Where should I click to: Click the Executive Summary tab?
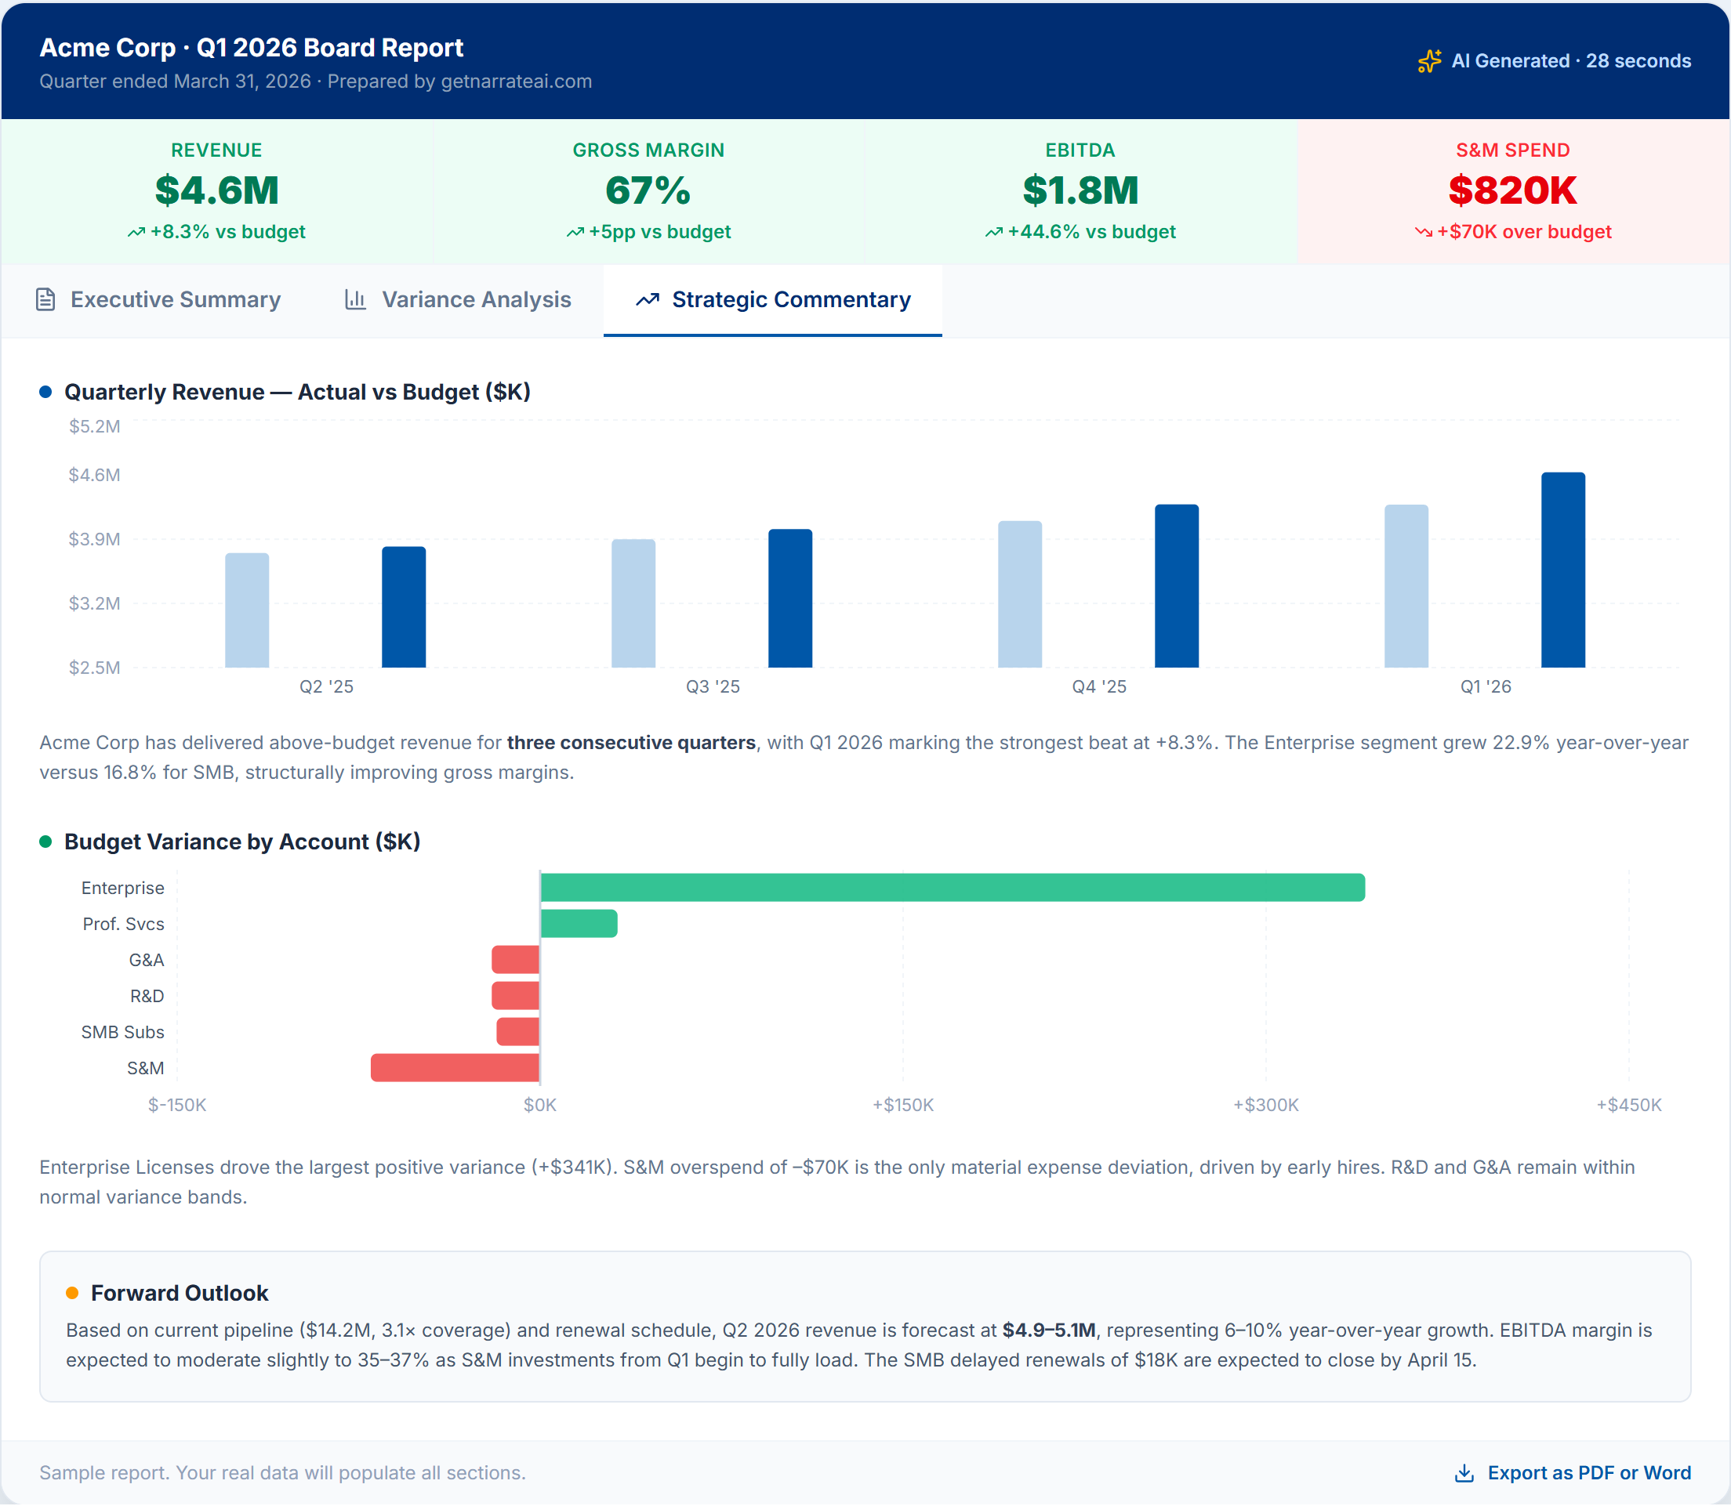(158, 300)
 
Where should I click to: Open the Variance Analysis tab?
(458, 300)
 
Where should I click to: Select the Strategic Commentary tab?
(773, 300)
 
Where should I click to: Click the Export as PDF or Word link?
(1572, 1472)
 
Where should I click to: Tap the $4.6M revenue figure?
(217, 190)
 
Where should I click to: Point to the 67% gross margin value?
(648, 190)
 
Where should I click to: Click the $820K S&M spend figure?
(1512, 190)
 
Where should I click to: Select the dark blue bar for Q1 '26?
(1563, 570)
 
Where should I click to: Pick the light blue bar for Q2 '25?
(247, 610)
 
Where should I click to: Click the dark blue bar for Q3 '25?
(790, 599)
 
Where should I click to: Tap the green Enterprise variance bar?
(953, 888)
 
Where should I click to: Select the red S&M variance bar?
(455, 1067)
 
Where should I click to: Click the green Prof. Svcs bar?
(579, 924)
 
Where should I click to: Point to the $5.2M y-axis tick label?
(95, 426)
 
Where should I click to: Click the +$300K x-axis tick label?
(1266, 1104)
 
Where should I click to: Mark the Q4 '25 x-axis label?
(1099, 686)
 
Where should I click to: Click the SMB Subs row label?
(123, 1032)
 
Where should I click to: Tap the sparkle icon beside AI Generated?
(1429, 61)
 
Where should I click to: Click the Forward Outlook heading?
(180, 1293)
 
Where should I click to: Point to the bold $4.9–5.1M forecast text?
(1049, 1330)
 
